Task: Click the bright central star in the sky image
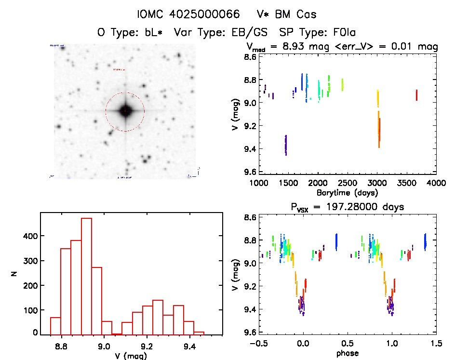point(125,111)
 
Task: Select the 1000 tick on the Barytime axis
point(259,183)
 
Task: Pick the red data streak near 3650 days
point(416,95)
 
